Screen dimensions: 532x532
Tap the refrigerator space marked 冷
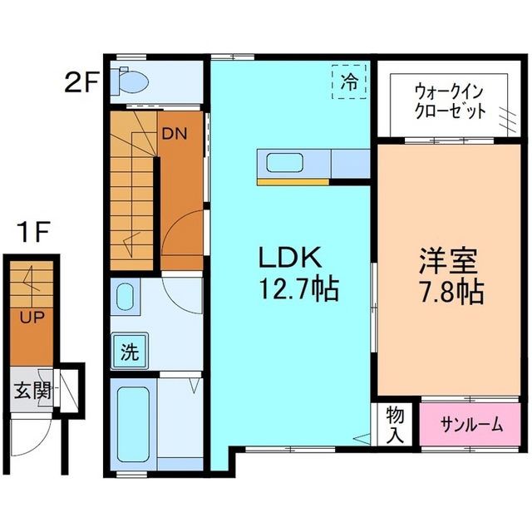pos(349,81)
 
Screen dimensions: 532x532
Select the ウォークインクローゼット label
pos(451,101)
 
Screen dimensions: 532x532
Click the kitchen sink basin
pos(284,163)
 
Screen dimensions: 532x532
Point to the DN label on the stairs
pos(174,134)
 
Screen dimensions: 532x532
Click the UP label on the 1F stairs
pos(32,318)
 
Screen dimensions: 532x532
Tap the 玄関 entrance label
pos(32,391)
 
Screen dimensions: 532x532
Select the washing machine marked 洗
pos(130,352)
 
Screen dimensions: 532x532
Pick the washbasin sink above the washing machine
pos(126,296)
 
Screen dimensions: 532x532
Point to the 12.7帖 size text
pos(299,289)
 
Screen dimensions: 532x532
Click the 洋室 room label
pos(448,260)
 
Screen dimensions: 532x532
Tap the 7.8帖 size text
pos(451,292)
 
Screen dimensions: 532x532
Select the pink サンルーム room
pos(470,424)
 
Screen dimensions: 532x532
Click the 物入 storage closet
pos(395,424)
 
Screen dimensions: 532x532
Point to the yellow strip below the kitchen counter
pos(293,182)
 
